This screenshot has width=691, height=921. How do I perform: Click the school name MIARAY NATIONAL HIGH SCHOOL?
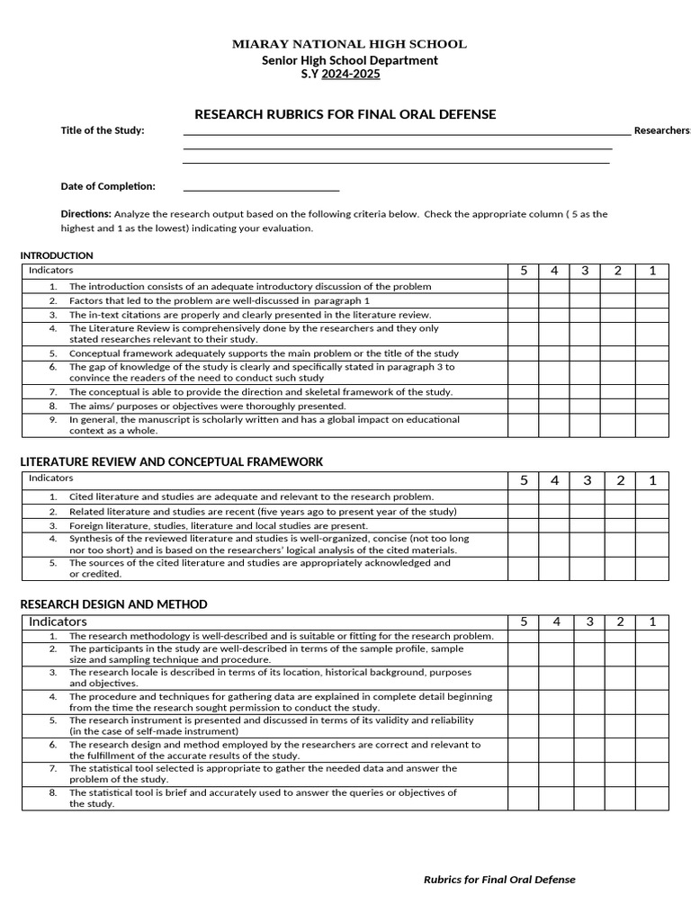click(349, 43)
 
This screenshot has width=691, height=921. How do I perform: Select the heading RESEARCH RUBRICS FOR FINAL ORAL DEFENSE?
click(345, 114)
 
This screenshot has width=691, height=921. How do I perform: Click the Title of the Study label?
click(102, 130)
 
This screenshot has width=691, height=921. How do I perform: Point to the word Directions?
click(85, 214)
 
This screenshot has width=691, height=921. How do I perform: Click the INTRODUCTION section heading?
click(57, 255)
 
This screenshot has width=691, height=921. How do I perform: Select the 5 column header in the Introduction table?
click(523, 271)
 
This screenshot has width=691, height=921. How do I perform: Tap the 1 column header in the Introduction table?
click(652, 271)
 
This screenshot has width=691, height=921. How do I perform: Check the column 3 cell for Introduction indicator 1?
click(585, 286)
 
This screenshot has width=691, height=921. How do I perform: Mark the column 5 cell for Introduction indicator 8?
click(523, 406)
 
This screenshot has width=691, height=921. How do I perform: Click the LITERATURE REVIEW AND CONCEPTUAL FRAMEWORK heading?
click(171, 461)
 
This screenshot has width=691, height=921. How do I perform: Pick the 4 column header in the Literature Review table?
click(554, 480)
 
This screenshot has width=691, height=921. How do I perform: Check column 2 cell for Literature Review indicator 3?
click(620, 524)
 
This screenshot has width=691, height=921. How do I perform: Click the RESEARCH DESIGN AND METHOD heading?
click(113, 604)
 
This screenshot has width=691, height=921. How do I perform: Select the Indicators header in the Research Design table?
click(58, 621)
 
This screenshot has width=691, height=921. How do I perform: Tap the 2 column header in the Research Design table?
click(620, 621)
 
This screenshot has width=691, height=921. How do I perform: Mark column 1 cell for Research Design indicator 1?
click(652, 636)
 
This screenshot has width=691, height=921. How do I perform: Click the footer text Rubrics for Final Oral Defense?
click(499, 880)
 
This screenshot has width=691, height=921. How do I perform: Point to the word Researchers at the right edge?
click(661, 130)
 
